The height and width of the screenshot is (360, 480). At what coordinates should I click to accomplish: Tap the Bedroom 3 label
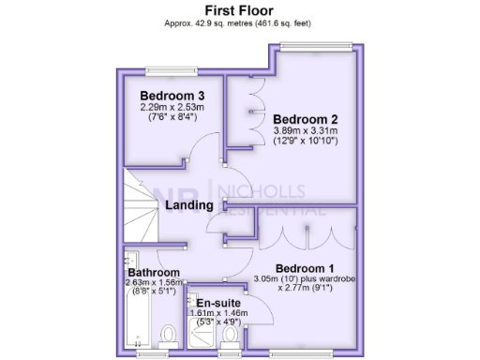pos(172,96)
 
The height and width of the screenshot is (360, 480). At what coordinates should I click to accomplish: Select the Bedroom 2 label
pos(305,119)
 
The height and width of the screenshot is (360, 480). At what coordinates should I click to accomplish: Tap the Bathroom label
pos(154,273)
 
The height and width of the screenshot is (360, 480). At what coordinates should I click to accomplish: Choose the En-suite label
pos(218,304)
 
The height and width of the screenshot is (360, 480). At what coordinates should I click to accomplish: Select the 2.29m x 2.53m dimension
pos(172,107)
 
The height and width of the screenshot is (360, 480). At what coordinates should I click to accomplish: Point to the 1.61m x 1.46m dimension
pos(218,314)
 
